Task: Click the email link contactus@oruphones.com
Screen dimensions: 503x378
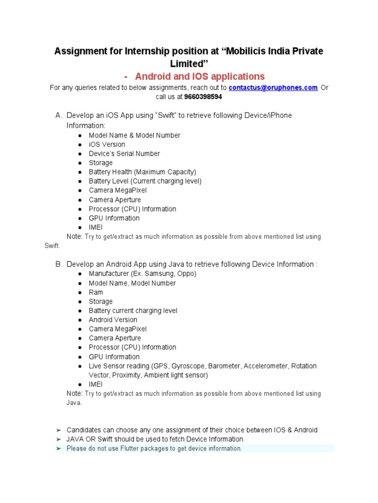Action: pos(273,88)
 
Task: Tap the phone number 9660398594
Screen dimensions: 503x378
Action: pos(203,97)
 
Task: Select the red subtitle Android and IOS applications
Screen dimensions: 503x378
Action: pos(200,76)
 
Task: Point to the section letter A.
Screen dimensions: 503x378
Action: pos(59,115)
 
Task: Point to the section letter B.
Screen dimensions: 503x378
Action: pos(59,264)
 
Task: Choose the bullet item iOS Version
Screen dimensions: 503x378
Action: pos(107,144)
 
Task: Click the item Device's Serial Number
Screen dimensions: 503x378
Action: pos(124,154)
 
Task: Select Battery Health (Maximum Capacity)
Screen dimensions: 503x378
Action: pos(142,172)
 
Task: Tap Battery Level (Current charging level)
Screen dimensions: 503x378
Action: pos(145,181)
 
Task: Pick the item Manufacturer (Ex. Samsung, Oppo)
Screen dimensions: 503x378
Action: pos(142,274)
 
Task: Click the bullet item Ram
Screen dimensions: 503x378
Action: pos(96,292)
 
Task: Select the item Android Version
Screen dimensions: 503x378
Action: pos(113,320)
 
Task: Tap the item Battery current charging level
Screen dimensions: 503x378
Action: pos(133,310)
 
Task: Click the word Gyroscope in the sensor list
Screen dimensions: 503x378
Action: pos(189,366)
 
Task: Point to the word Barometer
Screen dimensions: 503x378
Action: pos(224,366)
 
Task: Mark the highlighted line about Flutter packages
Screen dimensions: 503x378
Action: pos(154,448)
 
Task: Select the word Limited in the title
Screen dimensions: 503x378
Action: pos(189,64)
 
